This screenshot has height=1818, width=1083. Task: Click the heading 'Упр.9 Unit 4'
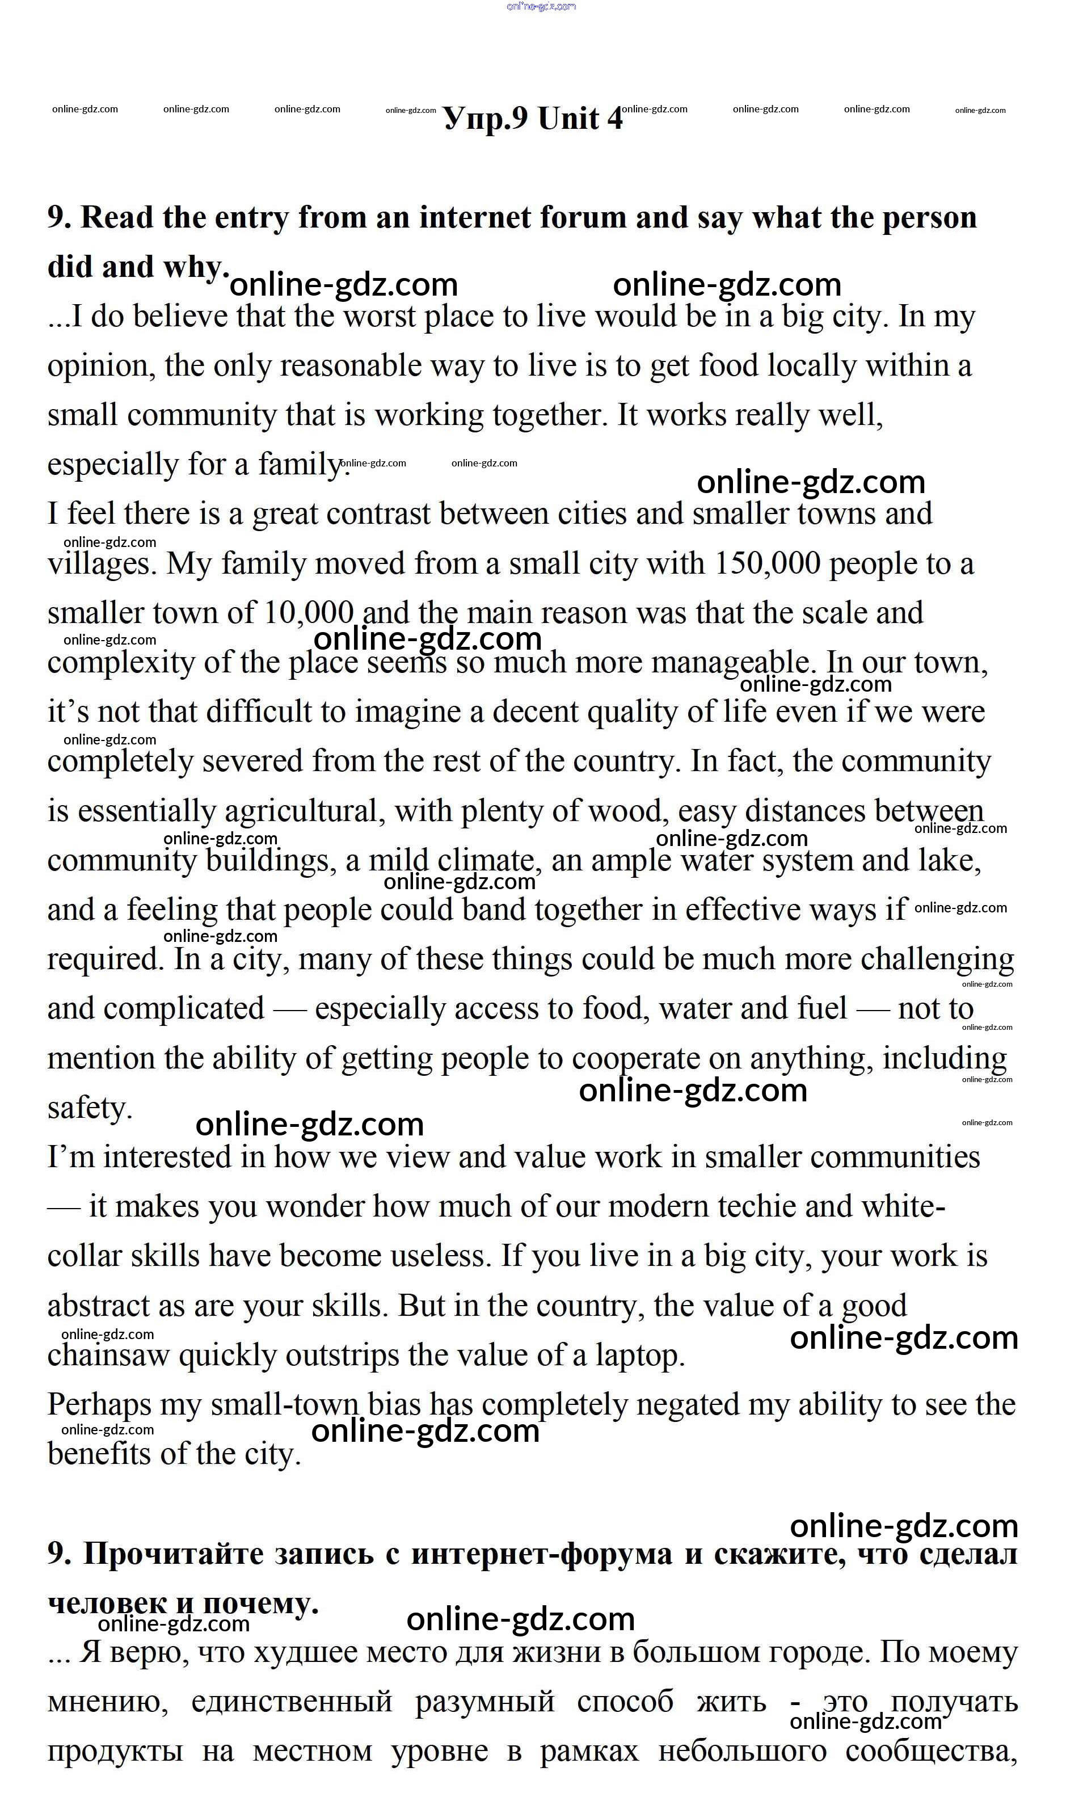[x=533, y=119]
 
